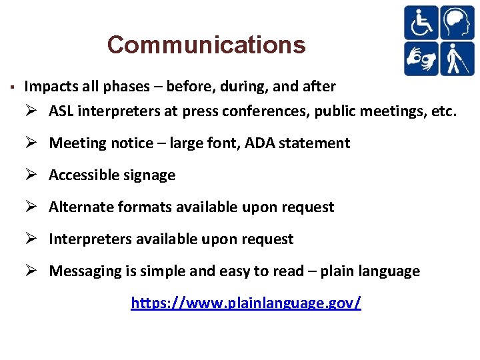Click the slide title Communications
coord(206,45)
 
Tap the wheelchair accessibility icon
coord(421,23)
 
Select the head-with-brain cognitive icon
coord(457,23)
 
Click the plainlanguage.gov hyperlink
coord(246,303)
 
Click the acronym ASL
coord(61,111)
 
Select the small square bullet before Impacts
coord(12,87)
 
